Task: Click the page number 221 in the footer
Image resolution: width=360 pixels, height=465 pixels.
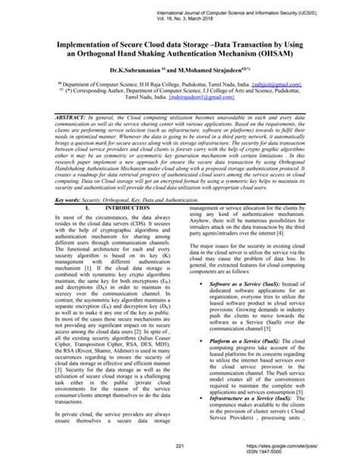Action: coord(180,444)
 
